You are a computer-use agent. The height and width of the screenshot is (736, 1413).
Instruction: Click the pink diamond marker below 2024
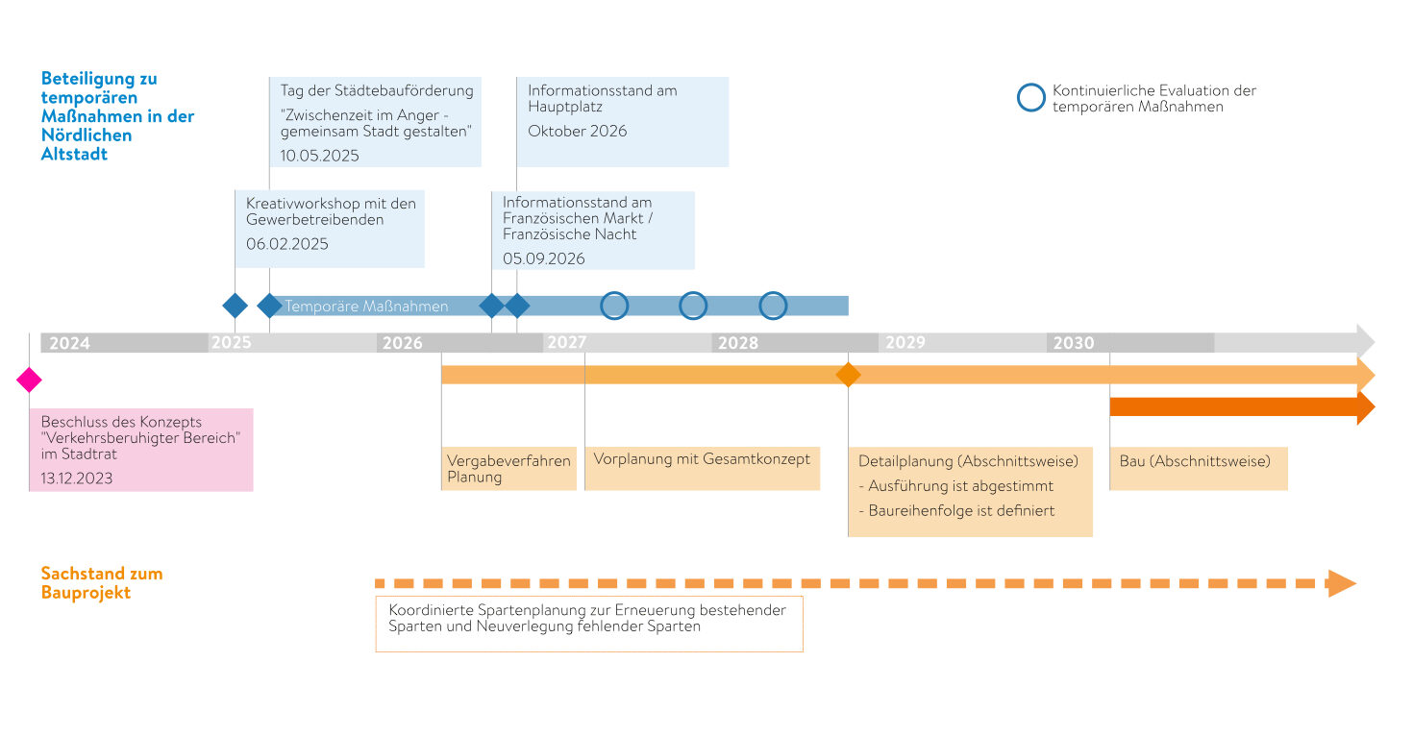click(x=29, y=380)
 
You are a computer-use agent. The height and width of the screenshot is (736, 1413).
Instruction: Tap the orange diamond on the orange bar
click(x=849, y=375)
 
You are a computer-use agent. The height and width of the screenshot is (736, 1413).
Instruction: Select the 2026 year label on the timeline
click(x=403, y=343)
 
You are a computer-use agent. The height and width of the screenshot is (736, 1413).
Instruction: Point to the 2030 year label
click(x=1074, y=343)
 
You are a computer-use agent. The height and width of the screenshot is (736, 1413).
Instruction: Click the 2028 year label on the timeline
click(x=738, y=343)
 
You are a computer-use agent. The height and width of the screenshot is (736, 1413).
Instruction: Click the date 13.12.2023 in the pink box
click(x=77, y=478)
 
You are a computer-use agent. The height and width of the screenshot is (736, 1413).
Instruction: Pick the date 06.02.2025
click(x=287, y=244)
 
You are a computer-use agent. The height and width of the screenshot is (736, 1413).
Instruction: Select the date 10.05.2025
click(x=320, y=156)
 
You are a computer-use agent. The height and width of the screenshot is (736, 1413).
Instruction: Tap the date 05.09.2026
click(x=544, y=258)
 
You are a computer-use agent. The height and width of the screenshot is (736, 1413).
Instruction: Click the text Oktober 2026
click(x=577, y=132)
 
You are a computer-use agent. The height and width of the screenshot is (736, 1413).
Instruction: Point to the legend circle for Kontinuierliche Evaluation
click(x=1031, y=98)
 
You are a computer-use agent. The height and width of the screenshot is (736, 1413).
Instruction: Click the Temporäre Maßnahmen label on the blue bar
click(x=366, y=306)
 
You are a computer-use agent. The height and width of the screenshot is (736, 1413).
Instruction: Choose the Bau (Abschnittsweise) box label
click(x=1195, y=461)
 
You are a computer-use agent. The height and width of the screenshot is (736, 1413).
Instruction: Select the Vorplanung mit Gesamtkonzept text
click(x=702, y=459)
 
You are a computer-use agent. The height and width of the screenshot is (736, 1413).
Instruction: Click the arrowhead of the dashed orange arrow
click(x=1342, y=583)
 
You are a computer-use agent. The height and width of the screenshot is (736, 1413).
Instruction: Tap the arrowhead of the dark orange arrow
click(x=1366, y=407)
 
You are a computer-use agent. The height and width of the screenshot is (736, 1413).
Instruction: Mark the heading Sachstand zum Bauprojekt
click(x=102, y=582)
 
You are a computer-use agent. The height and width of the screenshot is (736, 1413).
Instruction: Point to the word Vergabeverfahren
click(x=509, y=461)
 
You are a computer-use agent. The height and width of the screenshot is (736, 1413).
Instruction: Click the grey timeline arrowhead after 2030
click(x=1366, y=341)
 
